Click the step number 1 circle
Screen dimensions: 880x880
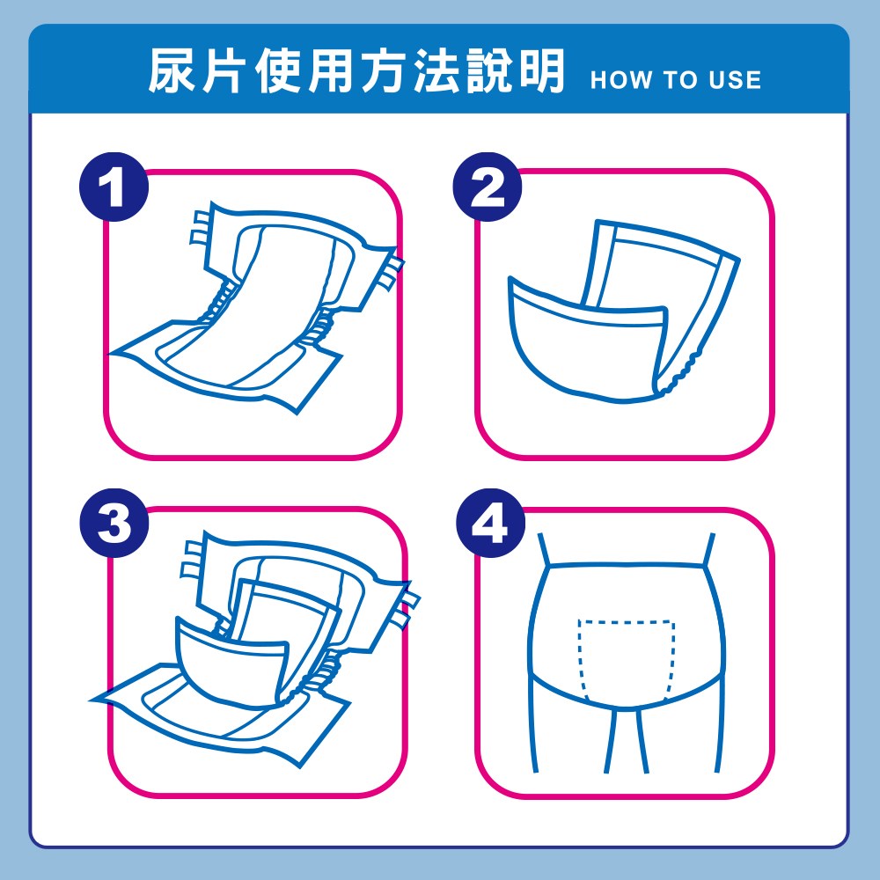point(114,187)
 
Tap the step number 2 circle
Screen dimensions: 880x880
point(488,187)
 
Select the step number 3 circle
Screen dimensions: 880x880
point(114,523)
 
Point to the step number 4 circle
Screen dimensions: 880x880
point(490,523)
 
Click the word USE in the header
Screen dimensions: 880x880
point(735,80)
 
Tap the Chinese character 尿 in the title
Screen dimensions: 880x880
point(172,70)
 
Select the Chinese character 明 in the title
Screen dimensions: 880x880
point(541,70)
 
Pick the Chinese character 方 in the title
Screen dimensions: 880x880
point(384,70)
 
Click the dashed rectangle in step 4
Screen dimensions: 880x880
point(626,622)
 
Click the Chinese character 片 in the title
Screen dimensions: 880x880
point(224,70)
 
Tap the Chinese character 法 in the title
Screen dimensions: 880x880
point(436,70)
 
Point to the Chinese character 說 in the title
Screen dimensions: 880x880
point(488,70)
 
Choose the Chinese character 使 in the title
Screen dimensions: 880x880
point(278,70)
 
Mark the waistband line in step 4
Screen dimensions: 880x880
point(626,566)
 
